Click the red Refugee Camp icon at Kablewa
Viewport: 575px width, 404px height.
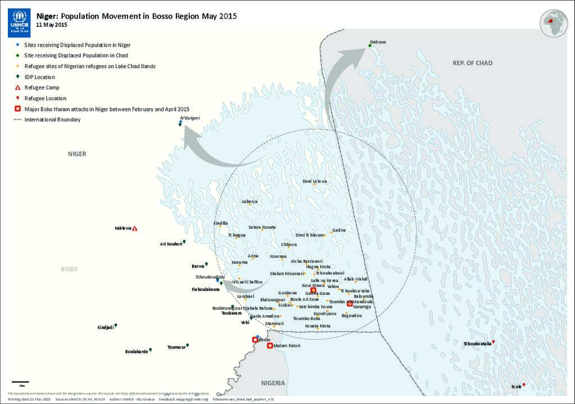pyautogui.click(x=135, y=228)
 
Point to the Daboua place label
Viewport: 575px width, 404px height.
pyautogui.click(x=378, y=42)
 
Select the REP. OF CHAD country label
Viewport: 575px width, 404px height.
pyautogui.click(x=472, y=63)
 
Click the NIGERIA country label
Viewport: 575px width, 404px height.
pyautogui.click(x=273, y=383)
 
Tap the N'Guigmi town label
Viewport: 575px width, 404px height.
pyautogui.click(x=190, y=118)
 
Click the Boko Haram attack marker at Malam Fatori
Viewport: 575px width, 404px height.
pyautogui.click(x=270, y=346)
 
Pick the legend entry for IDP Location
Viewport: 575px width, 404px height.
pyautogui.click(x=39, y=77)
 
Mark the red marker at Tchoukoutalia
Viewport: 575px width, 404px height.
pyautogui.click(x=494, y=342)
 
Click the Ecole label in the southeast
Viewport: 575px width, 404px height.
pyautogui.click(x=516, y=387)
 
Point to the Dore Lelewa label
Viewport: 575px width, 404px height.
pyautogui.click(x=314, y=181)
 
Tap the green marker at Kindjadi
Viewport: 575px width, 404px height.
pyautogui.click(x=116, y=325)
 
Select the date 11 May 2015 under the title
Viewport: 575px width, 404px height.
pyautogui.click(x=52, y=25)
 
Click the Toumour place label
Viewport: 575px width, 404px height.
pyautogui.click(x=176, y=347)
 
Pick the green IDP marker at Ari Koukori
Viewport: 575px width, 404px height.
pyautogui.click(x=184, y=242)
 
